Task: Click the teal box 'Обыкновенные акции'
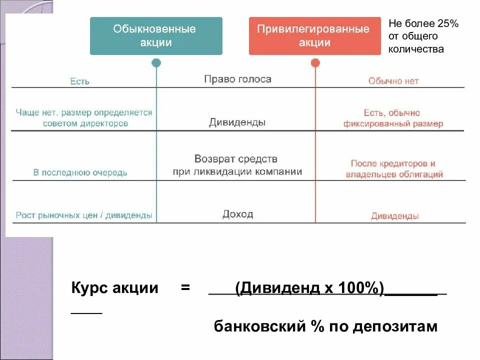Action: tap(156, 36)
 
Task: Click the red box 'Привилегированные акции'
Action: tap(314, 36)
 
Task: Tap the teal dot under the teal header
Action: tap(156, 63)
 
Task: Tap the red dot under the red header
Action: tap(315, 63)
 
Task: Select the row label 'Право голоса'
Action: tap(237, 79)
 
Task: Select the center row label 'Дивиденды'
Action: tap(237, 122)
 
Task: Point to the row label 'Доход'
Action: tap(237, 214)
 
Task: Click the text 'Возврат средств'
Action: tap(236, 159)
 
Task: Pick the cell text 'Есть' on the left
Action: tap(80, 81)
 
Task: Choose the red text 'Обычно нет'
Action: tap(393, 81)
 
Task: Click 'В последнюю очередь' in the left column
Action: tap(80, 173)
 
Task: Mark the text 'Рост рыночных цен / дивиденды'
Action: tap(84, 215)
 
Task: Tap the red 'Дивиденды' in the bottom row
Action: tap(395, 216)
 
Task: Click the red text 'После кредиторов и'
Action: tap(393, 163)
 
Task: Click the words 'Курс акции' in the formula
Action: tap(115, 288)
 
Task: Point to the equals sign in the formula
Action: tap(185, 288)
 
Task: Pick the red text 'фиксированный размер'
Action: tap(393, 124)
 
